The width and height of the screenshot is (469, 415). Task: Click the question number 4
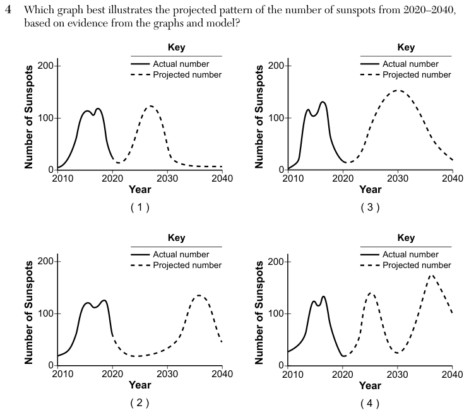click(x=8, y=10)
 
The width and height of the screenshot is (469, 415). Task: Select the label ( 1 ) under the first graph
click(x=140, y=207)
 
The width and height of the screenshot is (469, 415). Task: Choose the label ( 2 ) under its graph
click(x=140, y=403)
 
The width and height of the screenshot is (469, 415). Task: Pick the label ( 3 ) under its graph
click(x=370, y=207)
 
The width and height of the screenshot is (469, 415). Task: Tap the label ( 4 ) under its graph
click(x=370, y=404)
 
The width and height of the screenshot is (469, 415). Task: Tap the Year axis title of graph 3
click(x=371, y=189)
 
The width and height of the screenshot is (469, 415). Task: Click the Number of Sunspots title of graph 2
click(x=28, y=313)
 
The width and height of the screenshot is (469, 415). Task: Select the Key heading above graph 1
click(x=177, y=47)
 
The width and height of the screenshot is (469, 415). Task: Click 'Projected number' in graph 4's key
click(x=417, y=266)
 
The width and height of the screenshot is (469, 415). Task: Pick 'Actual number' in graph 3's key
click(x=410, y=64)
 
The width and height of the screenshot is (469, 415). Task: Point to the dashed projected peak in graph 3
click(x=398, y=90)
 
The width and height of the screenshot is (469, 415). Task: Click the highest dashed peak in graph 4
click(x=431, y=276)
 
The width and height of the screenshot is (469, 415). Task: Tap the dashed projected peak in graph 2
click(x=199, y=296)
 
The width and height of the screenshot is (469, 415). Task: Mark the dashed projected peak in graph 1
click(x=151, y=106)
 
